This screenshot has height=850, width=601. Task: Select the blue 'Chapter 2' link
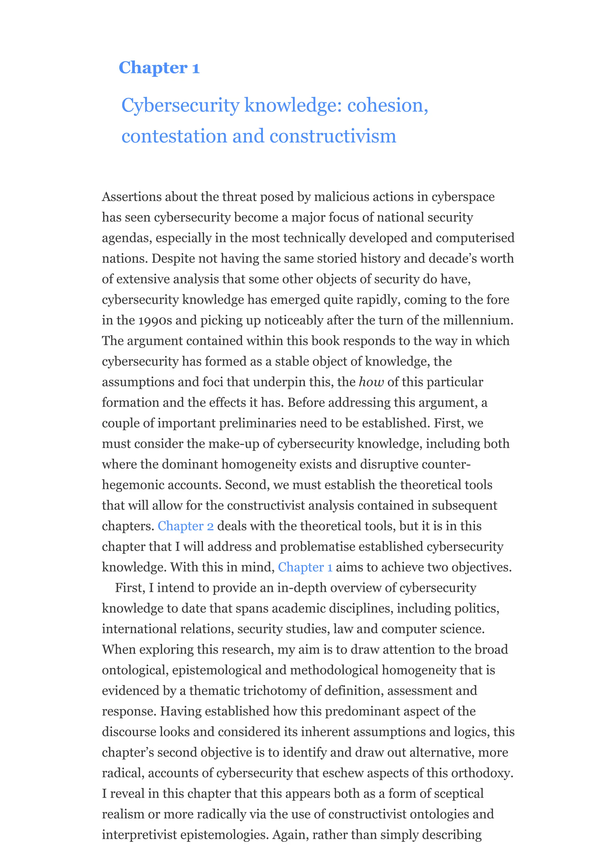185,526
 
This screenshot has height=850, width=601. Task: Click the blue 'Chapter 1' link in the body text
305,567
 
